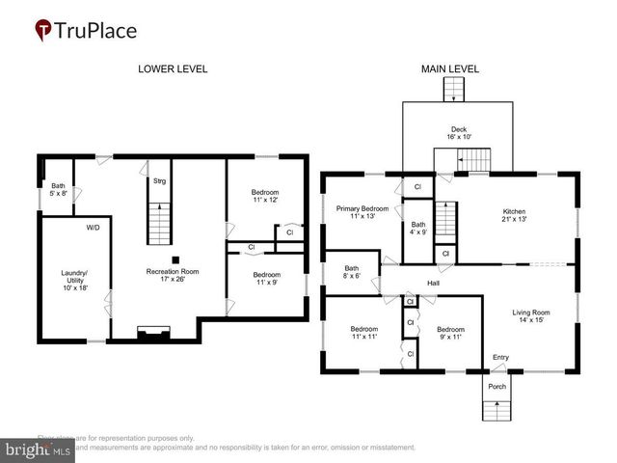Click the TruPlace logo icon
pyautogui.click(x=43, y=30)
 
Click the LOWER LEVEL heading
pyautogui.click(x=173, y=68)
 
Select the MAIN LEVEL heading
pyautogui.click(x=449, y=68)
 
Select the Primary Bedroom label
pyautogui.click(x=362, y=212)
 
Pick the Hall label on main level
pyautogui.click(x=434, y=284)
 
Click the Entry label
pyautogui.click(x=500, y=357)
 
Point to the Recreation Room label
pyautogui.click(x=173, y=278)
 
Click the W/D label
pyautogui.click(x=93, y=229)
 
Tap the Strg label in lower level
pyautogui.click(x=159, y=180)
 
